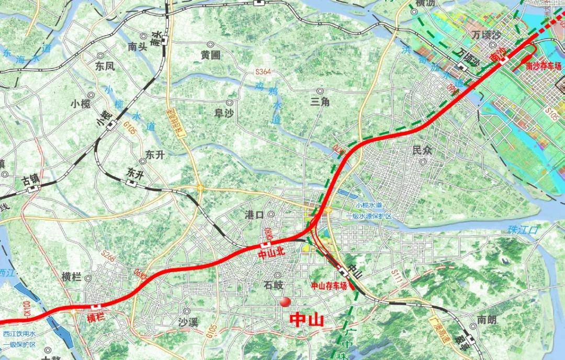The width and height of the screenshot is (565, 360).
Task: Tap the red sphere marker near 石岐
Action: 285,301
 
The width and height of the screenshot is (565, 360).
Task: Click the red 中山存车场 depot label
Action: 329,286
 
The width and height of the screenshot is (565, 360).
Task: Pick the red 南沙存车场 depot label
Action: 544,66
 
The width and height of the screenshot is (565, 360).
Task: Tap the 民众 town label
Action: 423,150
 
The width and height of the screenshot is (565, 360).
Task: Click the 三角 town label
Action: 320,103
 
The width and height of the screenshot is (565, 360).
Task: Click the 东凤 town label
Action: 104,66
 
